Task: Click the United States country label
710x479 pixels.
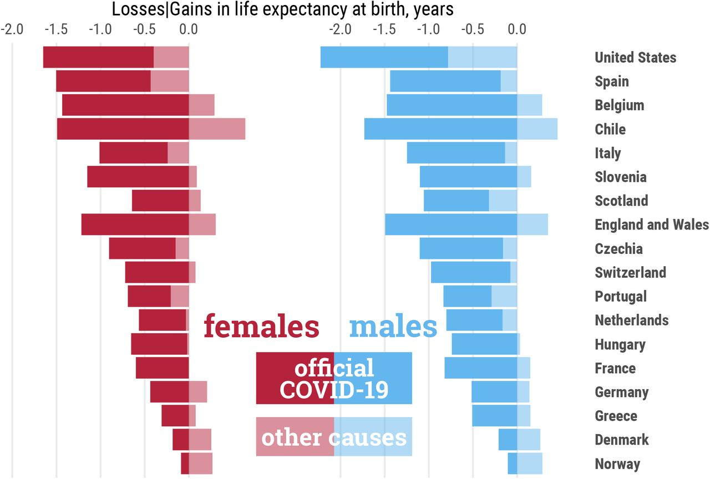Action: click(635, 58)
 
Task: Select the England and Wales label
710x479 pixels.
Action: click(651, 225)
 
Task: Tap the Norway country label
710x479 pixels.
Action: click(617, 463)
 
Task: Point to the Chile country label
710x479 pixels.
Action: click(610, 129)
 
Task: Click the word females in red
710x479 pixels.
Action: click(261, 326)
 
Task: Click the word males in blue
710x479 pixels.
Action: click(393, 326)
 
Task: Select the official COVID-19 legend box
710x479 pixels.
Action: click(334, 378)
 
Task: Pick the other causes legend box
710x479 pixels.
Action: click(334, 437)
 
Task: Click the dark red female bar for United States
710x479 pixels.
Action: click(98, 58)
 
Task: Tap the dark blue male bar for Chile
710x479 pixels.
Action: click(440, 129)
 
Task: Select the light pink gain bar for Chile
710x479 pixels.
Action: click(217, 129)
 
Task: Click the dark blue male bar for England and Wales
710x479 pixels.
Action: click(451, 225)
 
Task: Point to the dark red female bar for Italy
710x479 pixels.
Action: click(133, 153)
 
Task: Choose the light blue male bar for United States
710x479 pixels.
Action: click(482, 58)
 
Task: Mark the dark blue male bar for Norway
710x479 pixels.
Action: click(512, 463)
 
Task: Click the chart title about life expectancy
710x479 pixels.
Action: click(282, 9)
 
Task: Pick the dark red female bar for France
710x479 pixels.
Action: click(162, 368)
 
